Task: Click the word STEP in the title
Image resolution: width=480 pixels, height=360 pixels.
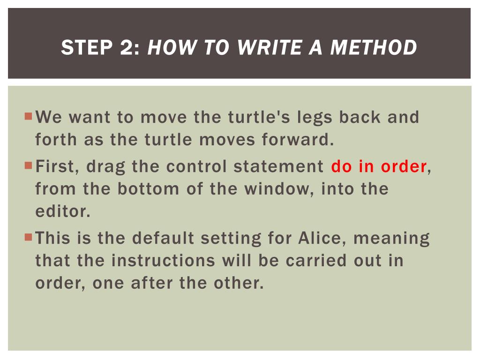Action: [87, 47]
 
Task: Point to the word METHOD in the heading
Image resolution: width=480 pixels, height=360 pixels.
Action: [374, 47]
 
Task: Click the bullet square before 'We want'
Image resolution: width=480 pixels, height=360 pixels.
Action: [29, 116]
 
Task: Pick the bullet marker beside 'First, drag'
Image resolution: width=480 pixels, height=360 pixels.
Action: [29, 165]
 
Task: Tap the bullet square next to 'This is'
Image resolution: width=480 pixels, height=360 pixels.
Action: [29, 237]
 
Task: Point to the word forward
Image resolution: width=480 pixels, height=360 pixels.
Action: [298, 140]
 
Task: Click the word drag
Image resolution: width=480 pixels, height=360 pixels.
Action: [105, 167]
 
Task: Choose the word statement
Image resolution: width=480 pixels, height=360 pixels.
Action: [278, 166]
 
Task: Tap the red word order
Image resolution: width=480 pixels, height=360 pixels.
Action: [404, 166]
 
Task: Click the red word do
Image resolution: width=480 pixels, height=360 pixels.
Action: [341, 166]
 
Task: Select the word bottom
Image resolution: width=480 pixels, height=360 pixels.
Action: [148, 189]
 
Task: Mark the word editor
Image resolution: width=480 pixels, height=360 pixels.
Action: [63, 211]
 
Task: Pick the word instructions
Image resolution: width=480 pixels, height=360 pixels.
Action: [163, 261]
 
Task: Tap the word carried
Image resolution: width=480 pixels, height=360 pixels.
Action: [316, 261]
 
